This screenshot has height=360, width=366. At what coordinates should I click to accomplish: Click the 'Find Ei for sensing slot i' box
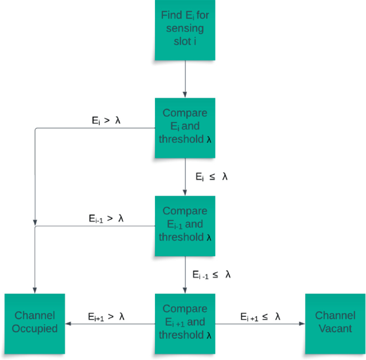point(185,30)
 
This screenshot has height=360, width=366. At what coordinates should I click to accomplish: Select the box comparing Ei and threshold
point(185,128)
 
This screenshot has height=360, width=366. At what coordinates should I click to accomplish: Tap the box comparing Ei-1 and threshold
point(185,225)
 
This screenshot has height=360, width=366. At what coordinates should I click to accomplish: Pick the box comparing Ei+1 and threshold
point(185,323)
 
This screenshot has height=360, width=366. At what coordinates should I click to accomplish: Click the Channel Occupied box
point(35,323)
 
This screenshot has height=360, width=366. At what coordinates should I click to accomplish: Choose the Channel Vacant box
point(335,323)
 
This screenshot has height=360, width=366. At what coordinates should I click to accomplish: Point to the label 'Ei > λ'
point(106,121)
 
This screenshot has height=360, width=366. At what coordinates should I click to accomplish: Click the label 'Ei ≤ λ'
point(211,177)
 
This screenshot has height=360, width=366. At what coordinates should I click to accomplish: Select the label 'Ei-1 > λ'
point(106,218)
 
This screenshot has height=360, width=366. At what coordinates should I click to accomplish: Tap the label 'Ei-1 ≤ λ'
point(212,274)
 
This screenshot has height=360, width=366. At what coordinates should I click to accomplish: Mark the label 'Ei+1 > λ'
point(106,317)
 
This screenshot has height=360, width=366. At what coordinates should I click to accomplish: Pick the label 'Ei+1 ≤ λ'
point(260,317)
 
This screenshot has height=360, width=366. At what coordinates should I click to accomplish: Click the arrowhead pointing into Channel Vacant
point(302,323)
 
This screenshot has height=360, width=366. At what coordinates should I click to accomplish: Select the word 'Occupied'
point(35,329)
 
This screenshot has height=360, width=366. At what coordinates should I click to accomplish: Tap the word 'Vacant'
point(335,329)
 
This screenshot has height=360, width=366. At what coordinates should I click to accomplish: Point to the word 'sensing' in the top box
point(185,29)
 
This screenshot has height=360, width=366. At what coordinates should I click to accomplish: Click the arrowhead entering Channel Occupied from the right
point(68,323)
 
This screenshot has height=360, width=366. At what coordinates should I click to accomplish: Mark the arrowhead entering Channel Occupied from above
point(35,290)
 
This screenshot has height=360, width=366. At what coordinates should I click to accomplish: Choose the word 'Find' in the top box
point(172,16)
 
